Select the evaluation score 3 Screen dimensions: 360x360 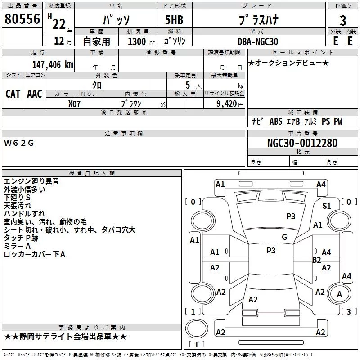pyautogui.click(x=343, y=20)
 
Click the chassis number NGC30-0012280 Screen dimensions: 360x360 pyautogui.click(x=302, y=143)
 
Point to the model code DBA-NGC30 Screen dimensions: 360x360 pyautogui.click(x=257, y=41)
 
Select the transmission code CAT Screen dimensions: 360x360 pyautogui.click(x=13, y=94)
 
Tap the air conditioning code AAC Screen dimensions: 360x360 pyautogui.click(x=35, y=94)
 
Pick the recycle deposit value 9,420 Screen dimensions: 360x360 pyautogui.click(x=227, y=103)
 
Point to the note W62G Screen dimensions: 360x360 pyautogui.click(x=19, y=143)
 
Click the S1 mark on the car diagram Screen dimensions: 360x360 pyautogui.click(x=326, y=206)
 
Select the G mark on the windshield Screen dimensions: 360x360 pyautogui.click(x=284, y=237)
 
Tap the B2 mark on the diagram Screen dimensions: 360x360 pyautogui.click(x=317, y=260)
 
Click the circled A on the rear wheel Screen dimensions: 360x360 pyautogui.click(x=340, y=294)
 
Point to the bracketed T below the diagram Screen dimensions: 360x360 pyautogui.click(x=196, y=344)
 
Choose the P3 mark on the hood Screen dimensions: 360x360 pyautogui.click(x=291, y=216)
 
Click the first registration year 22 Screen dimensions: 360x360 pyautogui.click(x=58, y=24)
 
